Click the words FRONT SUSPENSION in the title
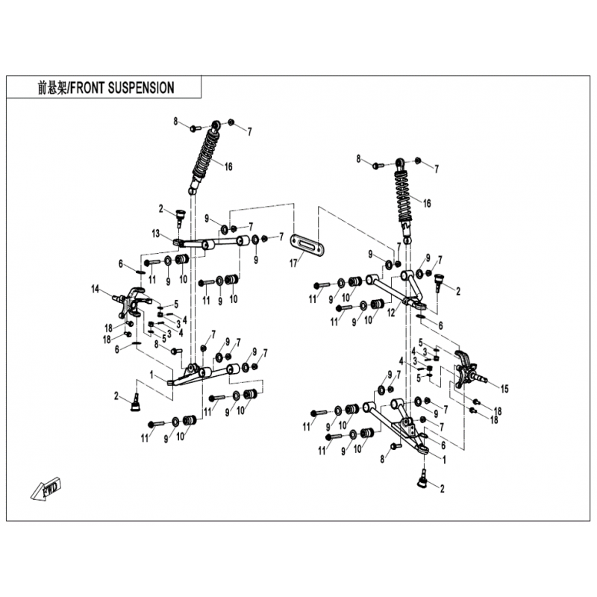(122, 88)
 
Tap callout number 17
(293, 263)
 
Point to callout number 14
(96, 290)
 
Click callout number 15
(504, 389)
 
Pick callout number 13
(155, 234)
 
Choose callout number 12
(391, 313)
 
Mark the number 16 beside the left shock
(228, 166)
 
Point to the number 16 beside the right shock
(427, 203)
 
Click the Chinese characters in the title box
(52, 88)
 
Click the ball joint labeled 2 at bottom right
(422, 481)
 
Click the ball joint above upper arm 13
(179, 216)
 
